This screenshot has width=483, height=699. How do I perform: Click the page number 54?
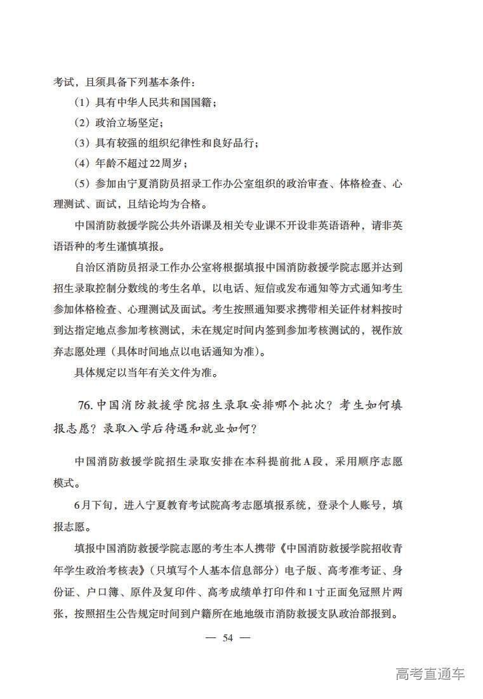[228, 638]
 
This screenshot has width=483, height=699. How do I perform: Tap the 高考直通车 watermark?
[430, 674]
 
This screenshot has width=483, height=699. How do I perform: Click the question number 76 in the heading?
[87, 405]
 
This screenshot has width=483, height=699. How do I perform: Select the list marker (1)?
[83, 102]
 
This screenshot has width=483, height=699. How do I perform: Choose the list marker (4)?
[83, 163]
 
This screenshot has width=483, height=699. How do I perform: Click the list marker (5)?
[83, 184]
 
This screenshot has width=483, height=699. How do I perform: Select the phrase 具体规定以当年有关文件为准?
[146, 373]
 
